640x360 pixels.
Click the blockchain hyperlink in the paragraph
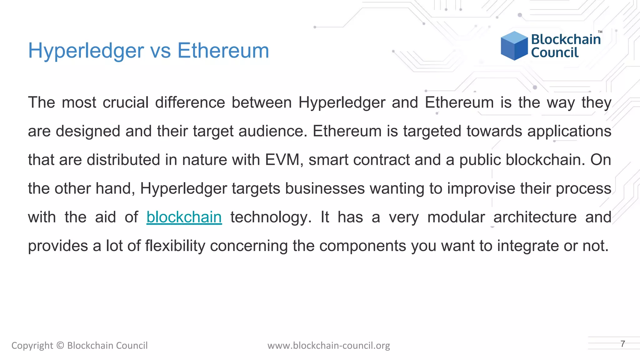184,217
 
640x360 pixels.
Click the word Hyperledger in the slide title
86,51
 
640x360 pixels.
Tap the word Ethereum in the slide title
223,51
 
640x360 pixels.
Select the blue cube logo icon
514,46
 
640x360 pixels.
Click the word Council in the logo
555,53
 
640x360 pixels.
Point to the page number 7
622,344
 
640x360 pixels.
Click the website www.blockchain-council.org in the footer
329,346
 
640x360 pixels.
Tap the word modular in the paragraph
456,217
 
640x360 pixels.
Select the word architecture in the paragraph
535,217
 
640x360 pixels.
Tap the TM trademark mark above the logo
600,32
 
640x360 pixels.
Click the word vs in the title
161,51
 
